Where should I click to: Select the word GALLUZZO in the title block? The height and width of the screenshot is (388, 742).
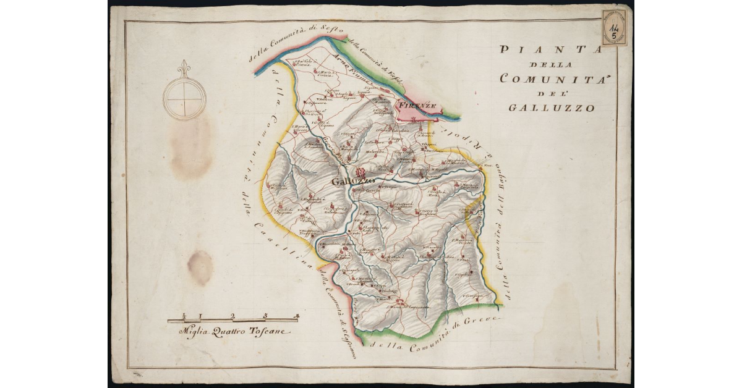(x=552, y=108)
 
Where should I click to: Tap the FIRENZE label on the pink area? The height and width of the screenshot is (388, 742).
(x=418, y=106)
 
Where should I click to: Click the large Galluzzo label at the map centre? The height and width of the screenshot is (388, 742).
(x=353, y=181)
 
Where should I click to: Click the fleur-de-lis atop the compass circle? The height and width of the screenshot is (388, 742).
(x=184, y=69)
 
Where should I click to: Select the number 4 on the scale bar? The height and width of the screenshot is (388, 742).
(x=297, y=316)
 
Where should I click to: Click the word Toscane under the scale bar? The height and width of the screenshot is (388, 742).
(x=268, y=332)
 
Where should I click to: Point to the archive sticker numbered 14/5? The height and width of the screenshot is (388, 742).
(x=613, y=28)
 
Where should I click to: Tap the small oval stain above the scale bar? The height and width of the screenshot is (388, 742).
(x=200, y=268)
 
